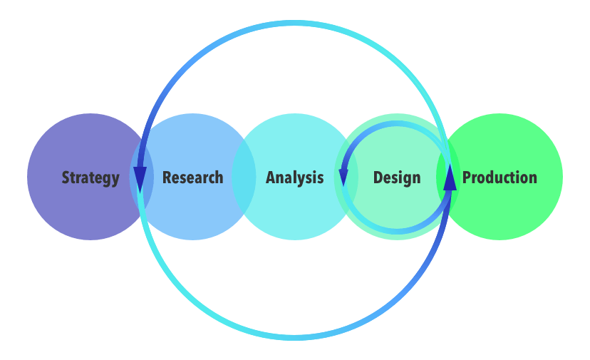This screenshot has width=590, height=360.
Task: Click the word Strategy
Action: [90, 178]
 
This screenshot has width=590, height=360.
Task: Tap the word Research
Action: [192, 178]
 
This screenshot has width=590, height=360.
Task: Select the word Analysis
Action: [294, 178]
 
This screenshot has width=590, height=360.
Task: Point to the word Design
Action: [397, 178]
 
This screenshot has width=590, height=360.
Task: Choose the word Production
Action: [500, 178]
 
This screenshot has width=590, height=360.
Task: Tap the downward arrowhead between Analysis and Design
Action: [343, 177]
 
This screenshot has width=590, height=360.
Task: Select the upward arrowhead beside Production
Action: [450, 178]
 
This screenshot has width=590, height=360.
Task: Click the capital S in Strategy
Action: [66, 178]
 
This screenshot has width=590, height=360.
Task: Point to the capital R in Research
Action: [167, 178]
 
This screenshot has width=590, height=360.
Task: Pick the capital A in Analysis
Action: [271, 178]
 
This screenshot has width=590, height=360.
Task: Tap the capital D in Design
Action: [378, 178]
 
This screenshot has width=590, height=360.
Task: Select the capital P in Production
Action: [467, 178]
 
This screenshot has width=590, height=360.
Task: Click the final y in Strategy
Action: [115, 180]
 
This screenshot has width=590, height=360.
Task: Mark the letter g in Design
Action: [407, 180]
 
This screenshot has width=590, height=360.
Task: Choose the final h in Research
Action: [219, 178]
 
